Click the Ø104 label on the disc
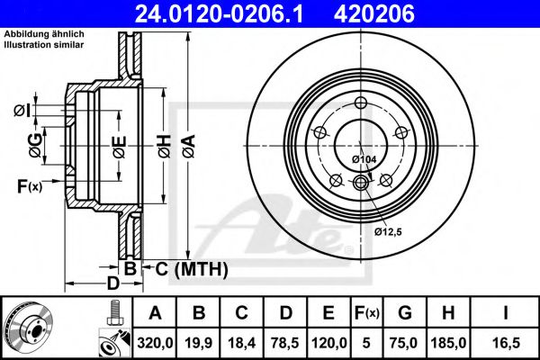pyautogui.click(x=364, y=159)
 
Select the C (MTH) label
pyautogui.click(x=187, y=268)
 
